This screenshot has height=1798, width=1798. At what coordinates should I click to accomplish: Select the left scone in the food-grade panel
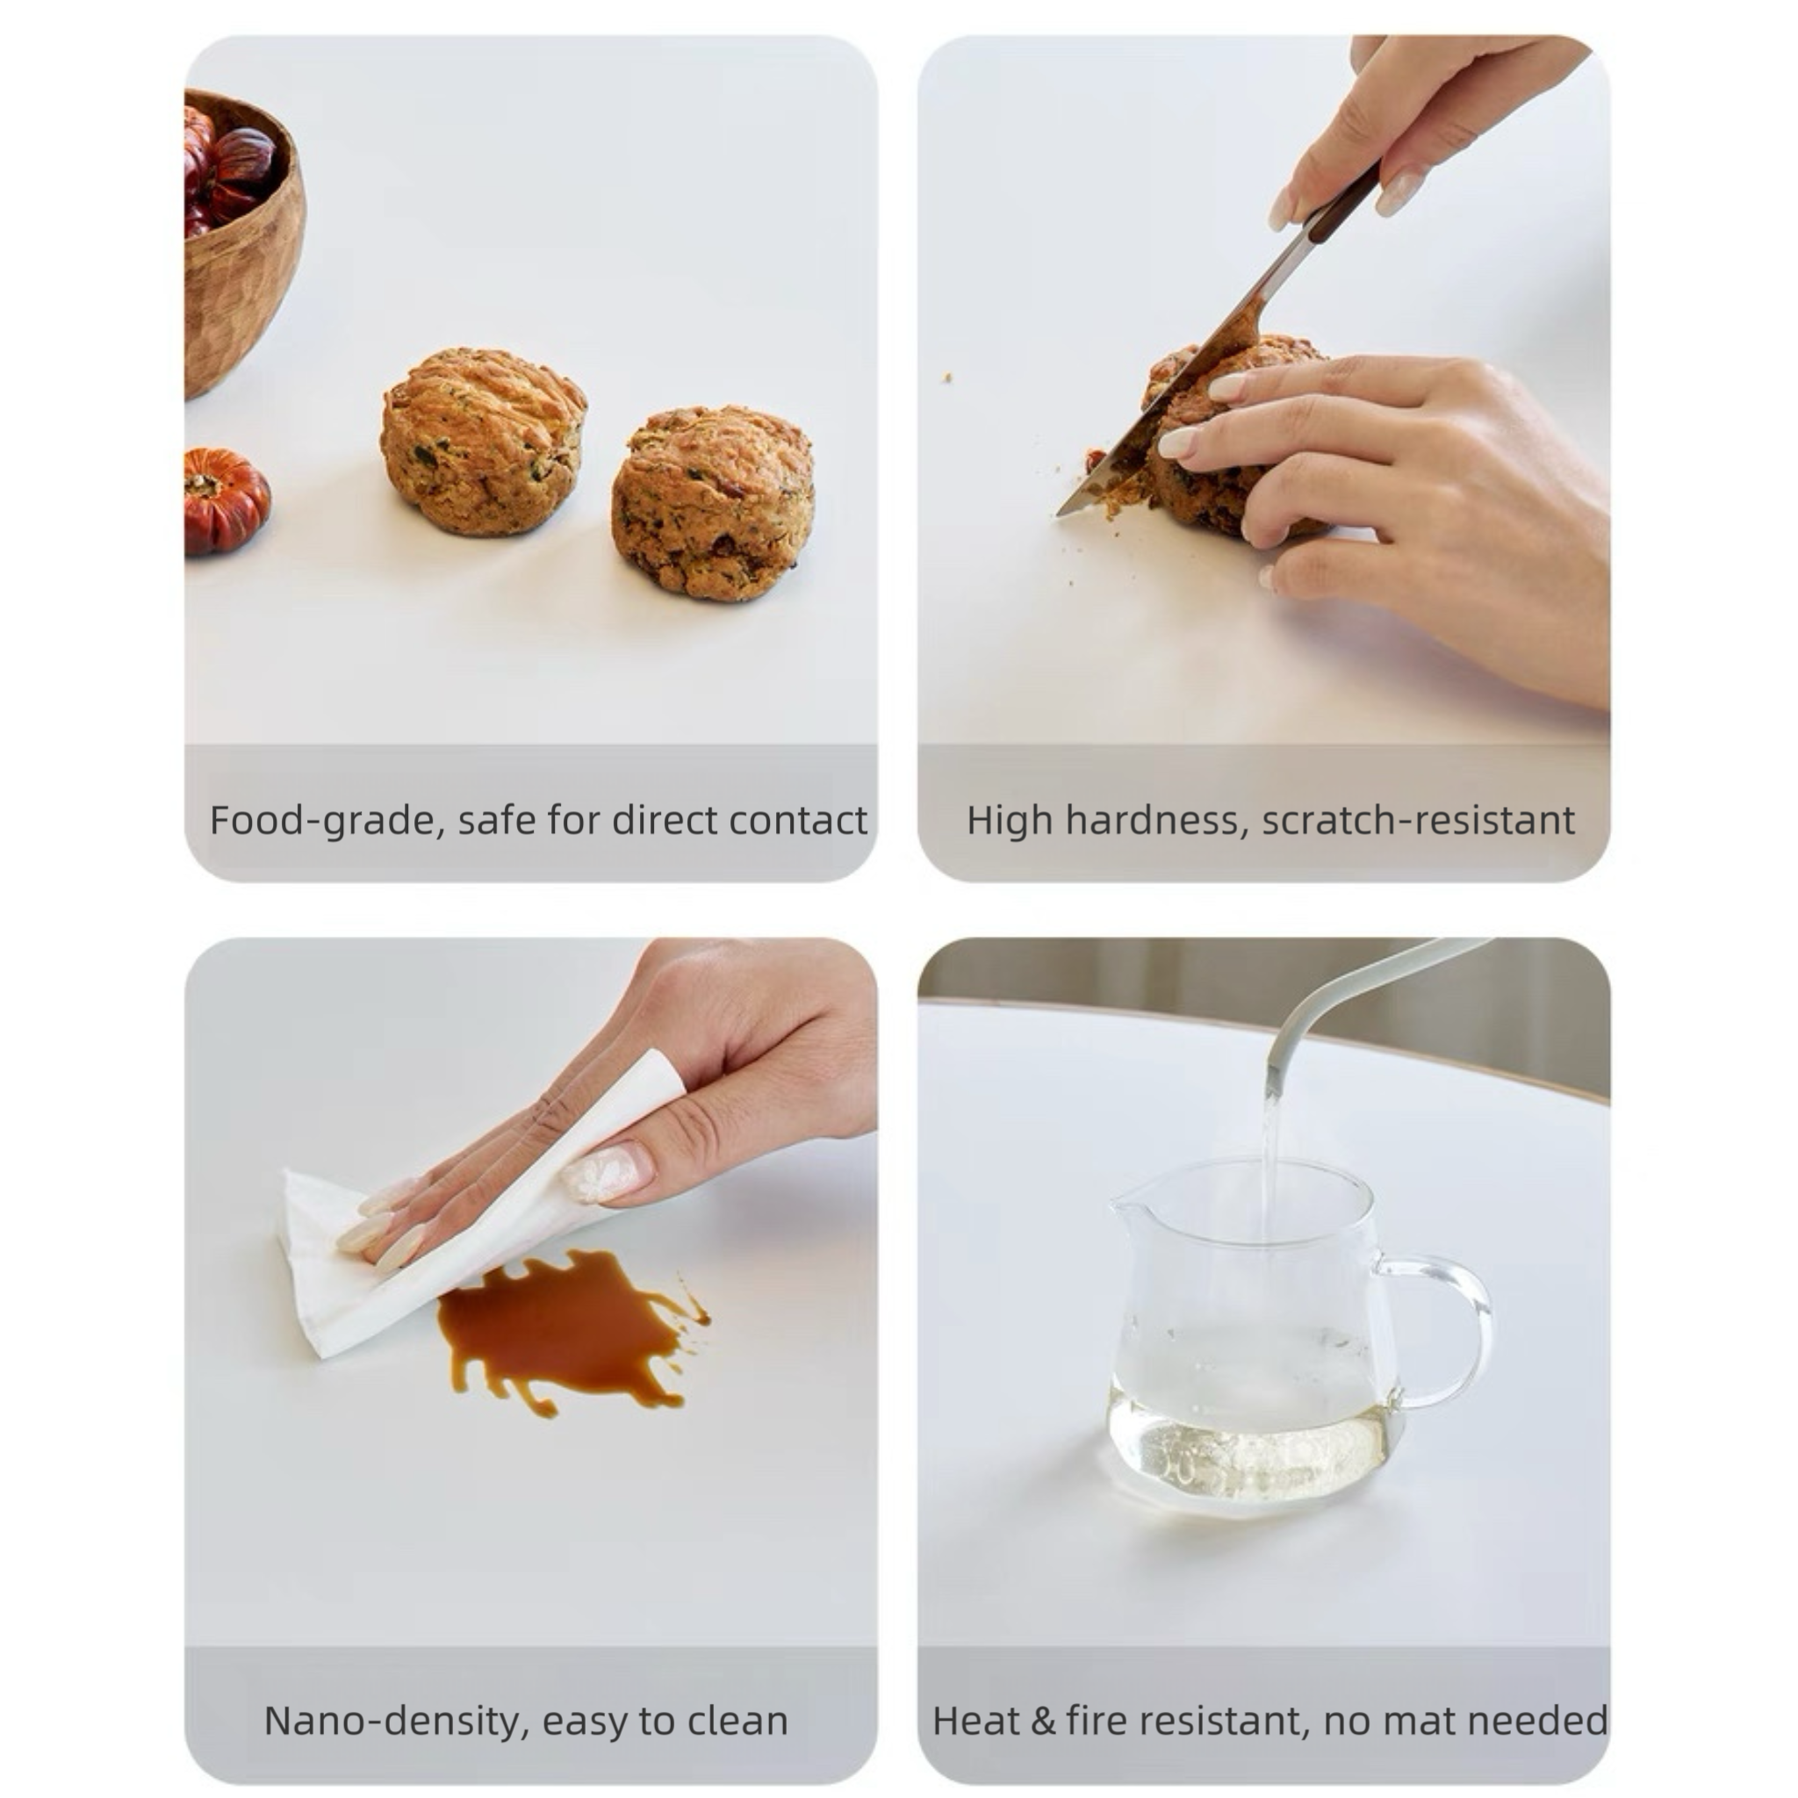[483, 442]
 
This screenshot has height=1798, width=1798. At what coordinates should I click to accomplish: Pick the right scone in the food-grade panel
[713, 502]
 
